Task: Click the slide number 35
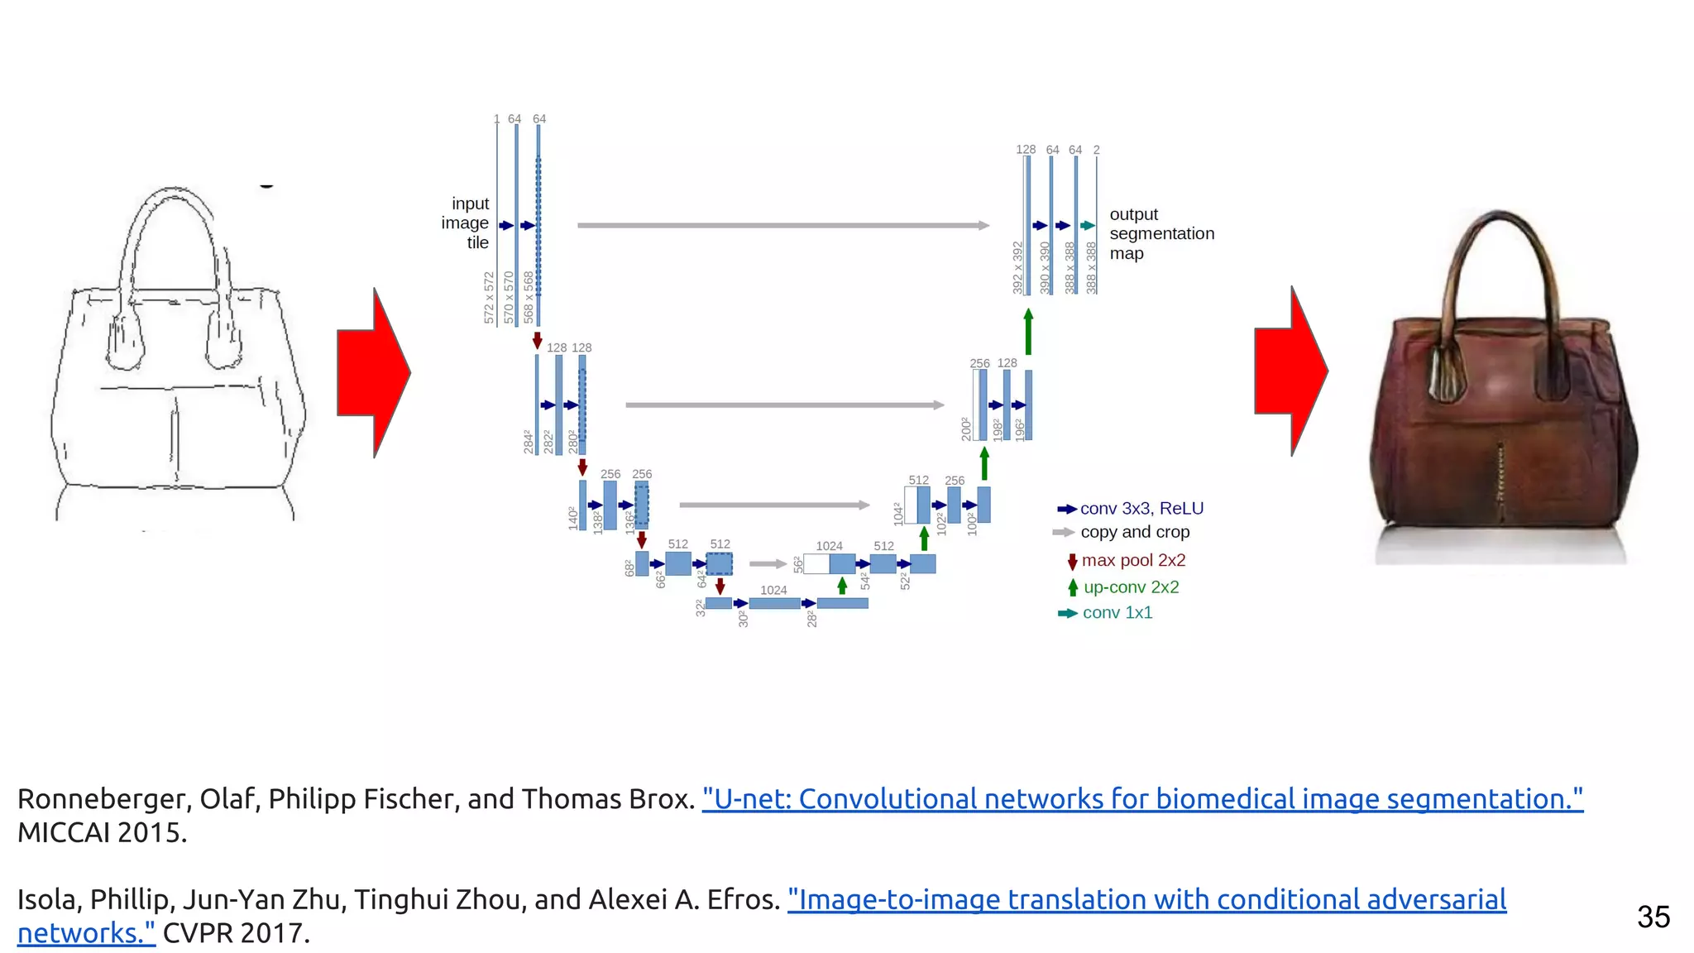click(x=1653, y=917)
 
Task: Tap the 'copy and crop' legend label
click(x=1135, y=532)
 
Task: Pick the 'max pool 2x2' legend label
click(x=1133, y=560)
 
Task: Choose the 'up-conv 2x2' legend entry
click(x=1131, y=587)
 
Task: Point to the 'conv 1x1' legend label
click(x=1117, y=613)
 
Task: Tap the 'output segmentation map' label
click(x=1161, y=233)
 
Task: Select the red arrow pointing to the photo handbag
click(x=1291, y=371)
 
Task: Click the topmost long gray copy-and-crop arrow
click(x=782, y=225)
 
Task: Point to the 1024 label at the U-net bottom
click(x=773, y=590)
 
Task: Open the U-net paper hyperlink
click(x=1142, y=799)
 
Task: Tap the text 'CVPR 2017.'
click(x=236, y=933)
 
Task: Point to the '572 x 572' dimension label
click(x=489, y=298)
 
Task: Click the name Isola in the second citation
click(x=48, y=899)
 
